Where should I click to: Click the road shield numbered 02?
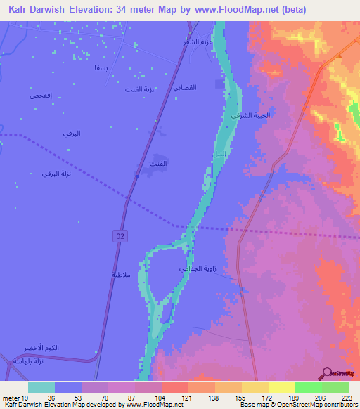point(121,238)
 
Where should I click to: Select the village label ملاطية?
point(121,275)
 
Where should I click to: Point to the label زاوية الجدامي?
point(193,269)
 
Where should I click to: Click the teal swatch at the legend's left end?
point(41,387)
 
